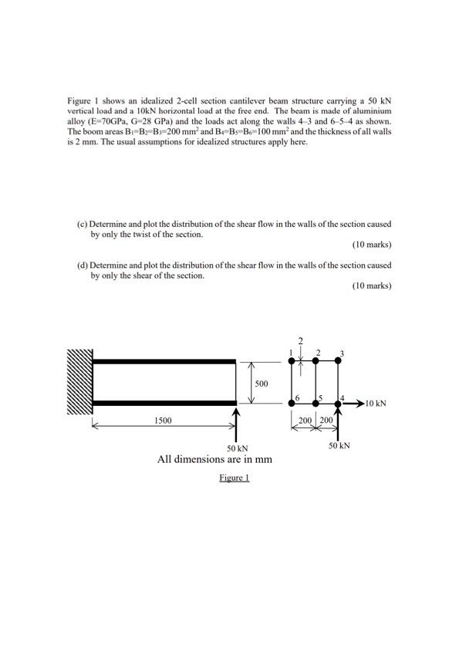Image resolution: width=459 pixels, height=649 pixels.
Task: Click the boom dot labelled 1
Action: [292, 360]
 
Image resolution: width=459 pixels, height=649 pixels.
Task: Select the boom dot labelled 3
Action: [340, 360]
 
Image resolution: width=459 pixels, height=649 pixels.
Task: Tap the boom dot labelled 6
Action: [292, 402]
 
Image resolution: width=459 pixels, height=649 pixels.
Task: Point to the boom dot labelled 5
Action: [316, 402]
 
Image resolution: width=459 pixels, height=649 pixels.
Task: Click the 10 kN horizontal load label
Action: [376, 403]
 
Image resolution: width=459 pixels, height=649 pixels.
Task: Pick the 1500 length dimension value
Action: [163, 421]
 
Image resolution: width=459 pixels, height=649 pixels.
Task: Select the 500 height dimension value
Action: [262, 383]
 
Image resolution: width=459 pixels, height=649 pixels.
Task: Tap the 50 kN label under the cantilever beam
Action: [237, 448]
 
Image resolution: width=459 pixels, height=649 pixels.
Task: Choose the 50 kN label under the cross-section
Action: [339, 445]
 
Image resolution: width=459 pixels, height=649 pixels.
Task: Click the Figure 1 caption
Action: [235, 478]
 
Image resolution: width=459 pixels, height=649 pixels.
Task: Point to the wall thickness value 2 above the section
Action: [301, 340]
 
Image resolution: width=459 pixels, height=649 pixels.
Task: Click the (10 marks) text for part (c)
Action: [372, 245]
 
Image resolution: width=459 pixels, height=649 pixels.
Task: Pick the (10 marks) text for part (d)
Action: [372, 286]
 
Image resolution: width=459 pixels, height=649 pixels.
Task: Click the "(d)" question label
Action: [82, 265]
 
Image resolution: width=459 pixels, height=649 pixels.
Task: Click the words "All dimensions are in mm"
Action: [214, 459]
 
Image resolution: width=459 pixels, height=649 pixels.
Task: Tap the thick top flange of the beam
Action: [164, 360]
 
